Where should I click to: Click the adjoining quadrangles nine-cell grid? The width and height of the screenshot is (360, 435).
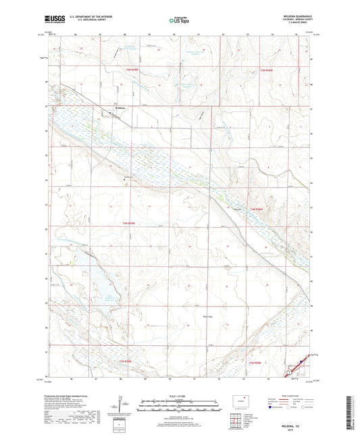pyautogui.click(x=236, y=422)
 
